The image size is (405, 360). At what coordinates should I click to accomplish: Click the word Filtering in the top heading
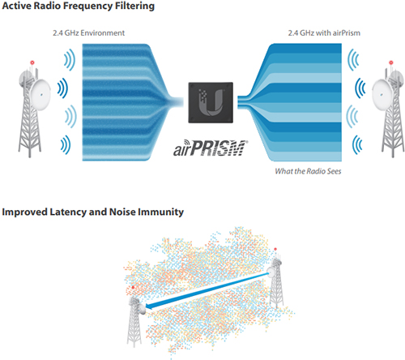coord(134,6)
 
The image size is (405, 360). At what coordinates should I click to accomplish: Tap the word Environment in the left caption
coord(103,33)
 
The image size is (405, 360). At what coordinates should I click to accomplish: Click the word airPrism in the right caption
coord(347,33)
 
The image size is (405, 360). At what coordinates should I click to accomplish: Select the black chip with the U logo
coord(211,102)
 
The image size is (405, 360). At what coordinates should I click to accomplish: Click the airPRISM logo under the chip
coord(210,148)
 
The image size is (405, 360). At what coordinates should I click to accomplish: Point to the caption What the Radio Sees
coord(308,171)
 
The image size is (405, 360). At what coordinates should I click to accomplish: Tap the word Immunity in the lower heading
coord(160,212)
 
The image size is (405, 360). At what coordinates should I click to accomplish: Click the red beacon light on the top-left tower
coord(32,62)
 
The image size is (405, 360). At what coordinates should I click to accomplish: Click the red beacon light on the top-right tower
coord(390,62)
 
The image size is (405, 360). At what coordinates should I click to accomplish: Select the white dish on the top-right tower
coord(382,95)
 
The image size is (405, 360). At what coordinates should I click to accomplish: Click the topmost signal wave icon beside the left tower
coord(70,60)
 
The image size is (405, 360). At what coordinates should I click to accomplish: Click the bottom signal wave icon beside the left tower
coord(66,145)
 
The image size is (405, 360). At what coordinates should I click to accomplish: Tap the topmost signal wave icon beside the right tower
coord(353,60)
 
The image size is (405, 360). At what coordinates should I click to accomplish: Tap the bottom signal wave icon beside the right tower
coord(357,145)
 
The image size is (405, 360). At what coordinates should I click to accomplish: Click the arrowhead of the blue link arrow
coord(151,306)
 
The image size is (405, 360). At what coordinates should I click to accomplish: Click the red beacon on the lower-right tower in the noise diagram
coord(275,249)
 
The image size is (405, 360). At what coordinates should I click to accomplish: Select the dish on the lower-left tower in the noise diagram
coord(143,308)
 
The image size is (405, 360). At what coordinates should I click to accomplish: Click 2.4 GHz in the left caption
coord(66,33)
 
